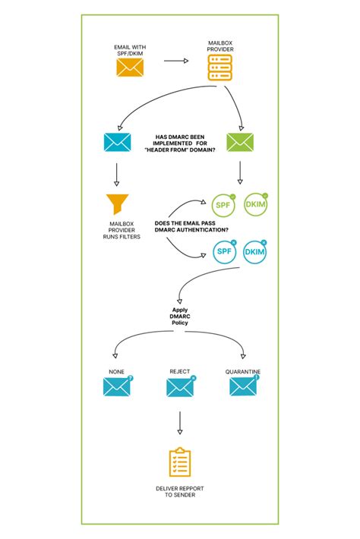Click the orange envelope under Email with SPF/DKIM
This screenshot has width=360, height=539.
tap(129, 68)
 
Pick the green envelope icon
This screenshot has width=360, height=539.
tap(240, 142)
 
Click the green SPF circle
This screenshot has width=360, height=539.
tap(223, 205)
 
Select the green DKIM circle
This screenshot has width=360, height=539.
tap(257, 205)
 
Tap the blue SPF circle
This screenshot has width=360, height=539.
tap(223, 253)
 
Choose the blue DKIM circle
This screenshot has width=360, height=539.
tap(257, 253)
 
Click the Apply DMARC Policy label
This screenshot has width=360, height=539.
tap(180, 317)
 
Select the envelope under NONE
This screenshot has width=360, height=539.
tap(116, 387)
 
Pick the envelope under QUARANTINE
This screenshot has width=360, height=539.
tap(243, 387)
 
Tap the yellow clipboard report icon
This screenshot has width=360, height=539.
tap(180, 462)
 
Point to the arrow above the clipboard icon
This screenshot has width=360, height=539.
tap(180, 422)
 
